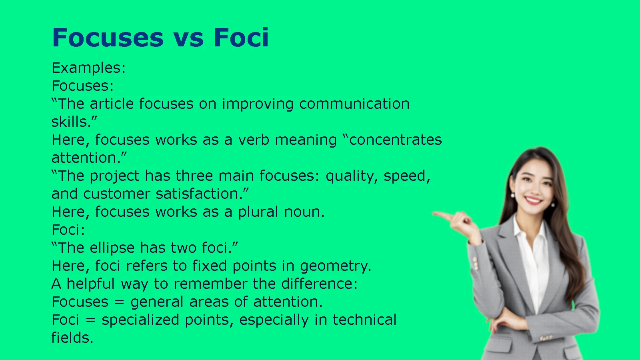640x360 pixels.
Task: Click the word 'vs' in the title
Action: point(188,38)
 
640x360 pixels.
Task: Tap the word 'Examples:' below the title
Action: point(88,68)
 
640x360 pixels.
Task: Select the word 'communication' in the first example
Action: point(354,104)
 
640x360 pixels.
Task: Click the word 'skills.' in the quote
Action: point(74,122)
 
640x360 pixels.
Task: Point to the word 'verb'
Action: point(254,140)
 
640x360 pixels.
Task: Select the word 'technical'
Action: point(364,320)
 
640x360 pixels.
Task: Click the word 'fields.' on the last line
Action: point(72,338)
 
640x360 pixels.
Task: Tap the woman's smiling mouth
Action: point(533,200)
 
